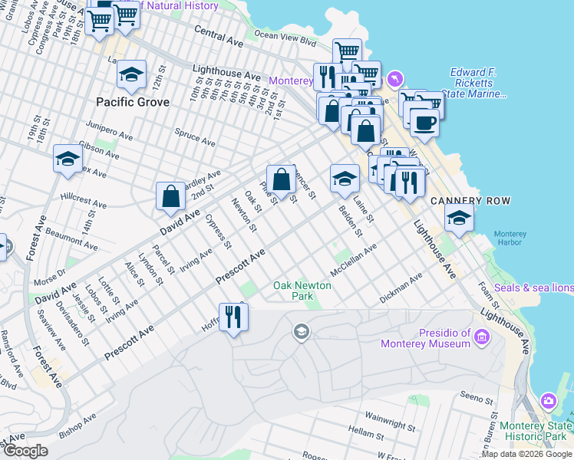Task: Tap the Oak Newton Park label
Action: (303, 291)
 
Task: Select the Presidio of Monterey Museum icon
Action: (482, 337)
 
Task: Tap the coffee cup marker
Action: (424, 122)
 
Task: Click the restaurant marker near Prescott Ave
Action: (233, 316)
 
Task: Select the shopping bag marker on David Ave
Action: (170, 196)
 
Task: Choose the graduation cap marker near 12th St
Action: (131, 74)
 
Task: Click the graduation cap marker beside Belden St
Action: (345, 179)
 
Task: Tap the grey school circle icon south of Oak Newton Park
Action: (301, 330)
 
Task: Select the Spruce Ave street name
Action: (196, 137)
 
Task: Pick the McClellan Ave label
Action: (353, 261)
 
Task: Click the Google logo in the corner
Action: (25, 451)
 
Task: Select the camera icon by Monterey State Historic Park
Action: (549, 401)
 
